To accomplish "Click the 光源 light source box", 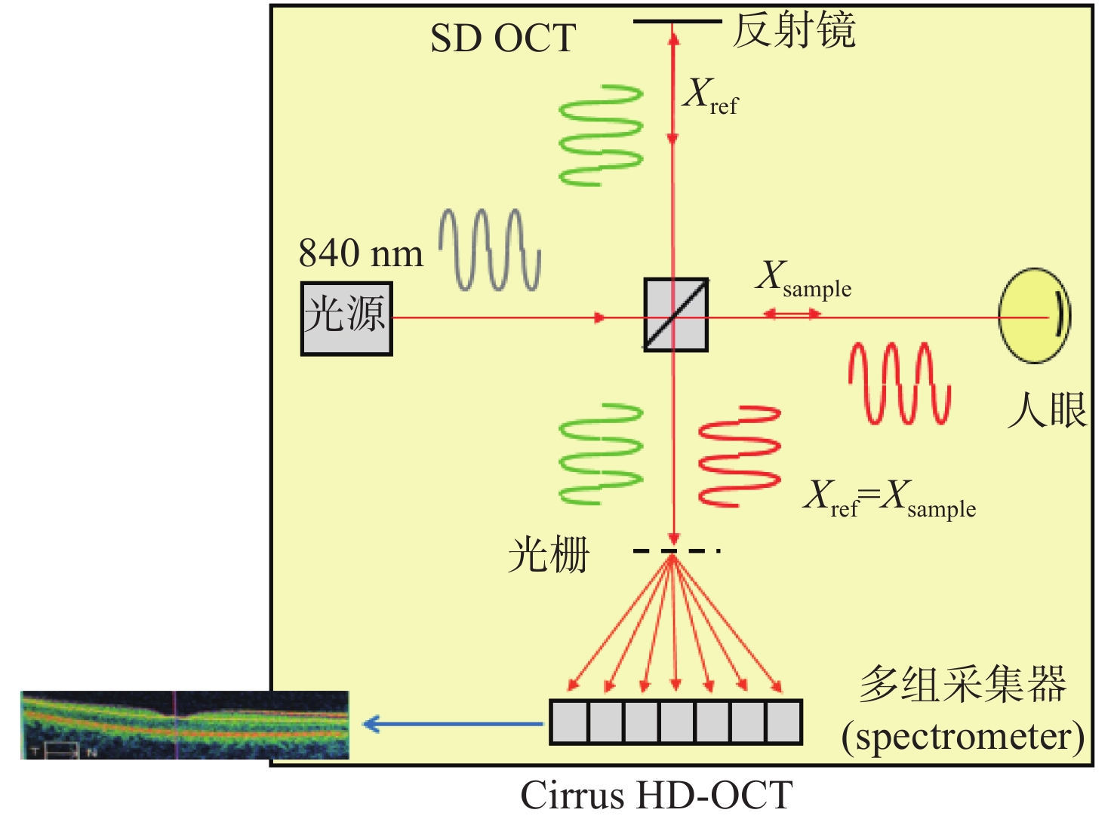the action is (x=346, y=319).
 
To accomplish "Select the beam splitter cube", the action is (x=675, y=314).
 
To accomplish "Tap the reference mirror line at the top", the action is (x=677, y=22).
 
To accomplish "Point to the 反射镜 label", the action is (x=794, y=29).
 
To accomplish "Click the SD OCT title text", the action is (x=503, y=38).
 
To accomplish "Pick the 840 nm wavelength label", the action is (x=361, y=253).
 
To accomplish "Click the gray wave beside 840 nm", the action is (x=490, y=250).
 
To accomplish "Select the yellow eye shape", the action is (x=1034, y=315).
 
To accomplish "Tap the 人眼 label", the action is (x=1047, y=409).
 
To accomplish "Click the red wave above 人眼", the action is (x=899, y=383).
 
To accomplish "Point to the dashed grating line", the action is (x=677, y=551).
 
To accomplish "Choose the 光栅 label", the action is (x=549, y=555).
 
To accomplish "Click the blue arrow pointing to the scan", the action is (x=453, y=724).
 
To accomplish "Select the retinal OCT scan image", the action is (x=185, y=725).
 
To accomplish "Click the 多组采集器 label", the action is (x=963, y=684).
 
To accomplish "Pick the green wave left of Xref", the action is (x=602, y=136).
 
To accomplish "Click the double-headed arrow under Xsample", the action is (x=792, y=314).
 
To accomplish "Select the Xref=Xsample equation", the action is (x=890, y=498).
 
